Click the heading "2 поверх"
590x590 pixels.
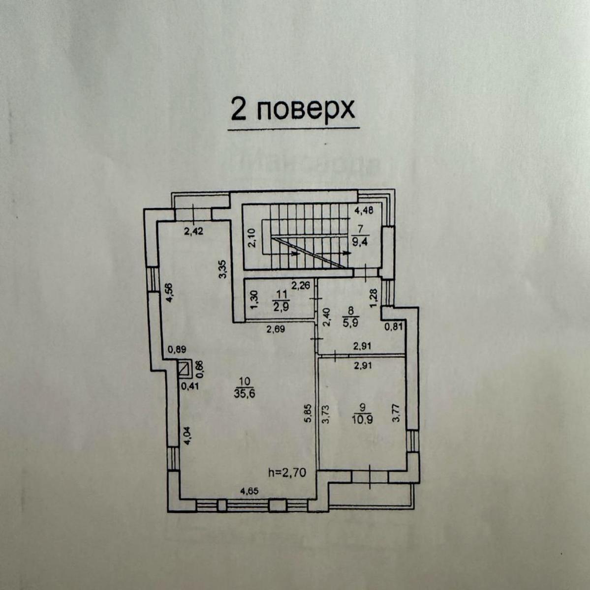(x=293, y=110)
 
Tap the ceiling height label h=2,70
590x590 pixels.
(x=287, y=473)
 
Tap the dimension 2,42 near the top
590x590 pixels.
(x=194, y=232)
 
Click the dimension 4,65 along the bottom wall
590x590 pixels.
(x=250, y=491)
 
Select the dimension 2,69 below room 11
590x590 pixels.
(x=276, y=329)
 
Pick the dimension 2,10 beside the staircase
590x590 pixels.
(x=251, y=238)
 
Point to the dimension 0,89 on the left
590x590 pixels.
(x=176, y=350)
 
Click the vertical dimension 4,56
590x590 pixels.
(x=169, y=294)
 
